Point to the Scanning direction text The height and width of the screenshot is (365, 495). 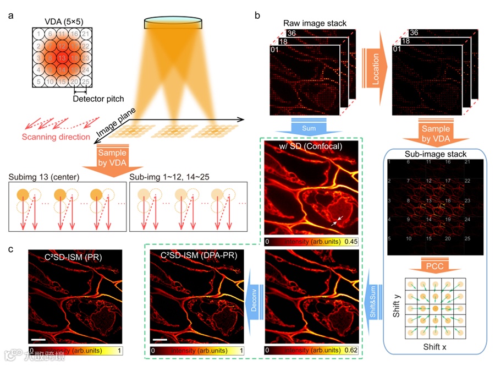(x=56, y=137)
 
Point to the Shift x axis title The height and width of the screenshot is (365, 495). (x=436, y=347)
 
